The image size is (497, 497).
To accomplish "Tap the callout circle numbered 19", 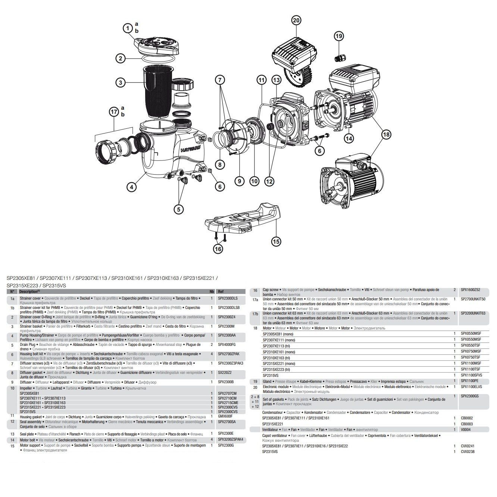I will pos(339,36).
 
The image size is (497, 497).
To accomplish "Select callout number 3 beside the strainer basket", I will pos(120,83).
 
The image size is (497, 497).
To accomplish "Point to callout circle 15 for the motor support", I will pos(276,241).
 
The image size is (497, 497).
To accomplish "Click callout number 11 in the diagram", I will pos(262,80).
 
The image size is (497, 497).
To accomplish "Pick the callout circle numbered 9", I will pos(239,181).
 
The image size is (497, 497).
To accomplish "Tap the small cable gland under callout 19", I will pos(340,58).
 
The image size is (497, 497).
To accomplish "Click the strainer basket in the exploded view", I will pos(157,91).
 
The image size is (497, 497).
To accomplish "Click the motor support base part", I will pos(243,220).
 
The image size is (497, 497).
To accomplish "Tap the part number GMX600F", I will pos(225,416).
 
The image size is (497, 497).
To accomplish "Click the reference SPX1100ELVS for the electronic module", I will pos(471,387).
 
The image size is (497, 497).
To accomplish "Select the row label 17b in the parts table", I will pos(255,313).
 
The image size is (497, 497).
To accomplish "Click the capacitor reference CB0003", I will pos(467,424).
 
